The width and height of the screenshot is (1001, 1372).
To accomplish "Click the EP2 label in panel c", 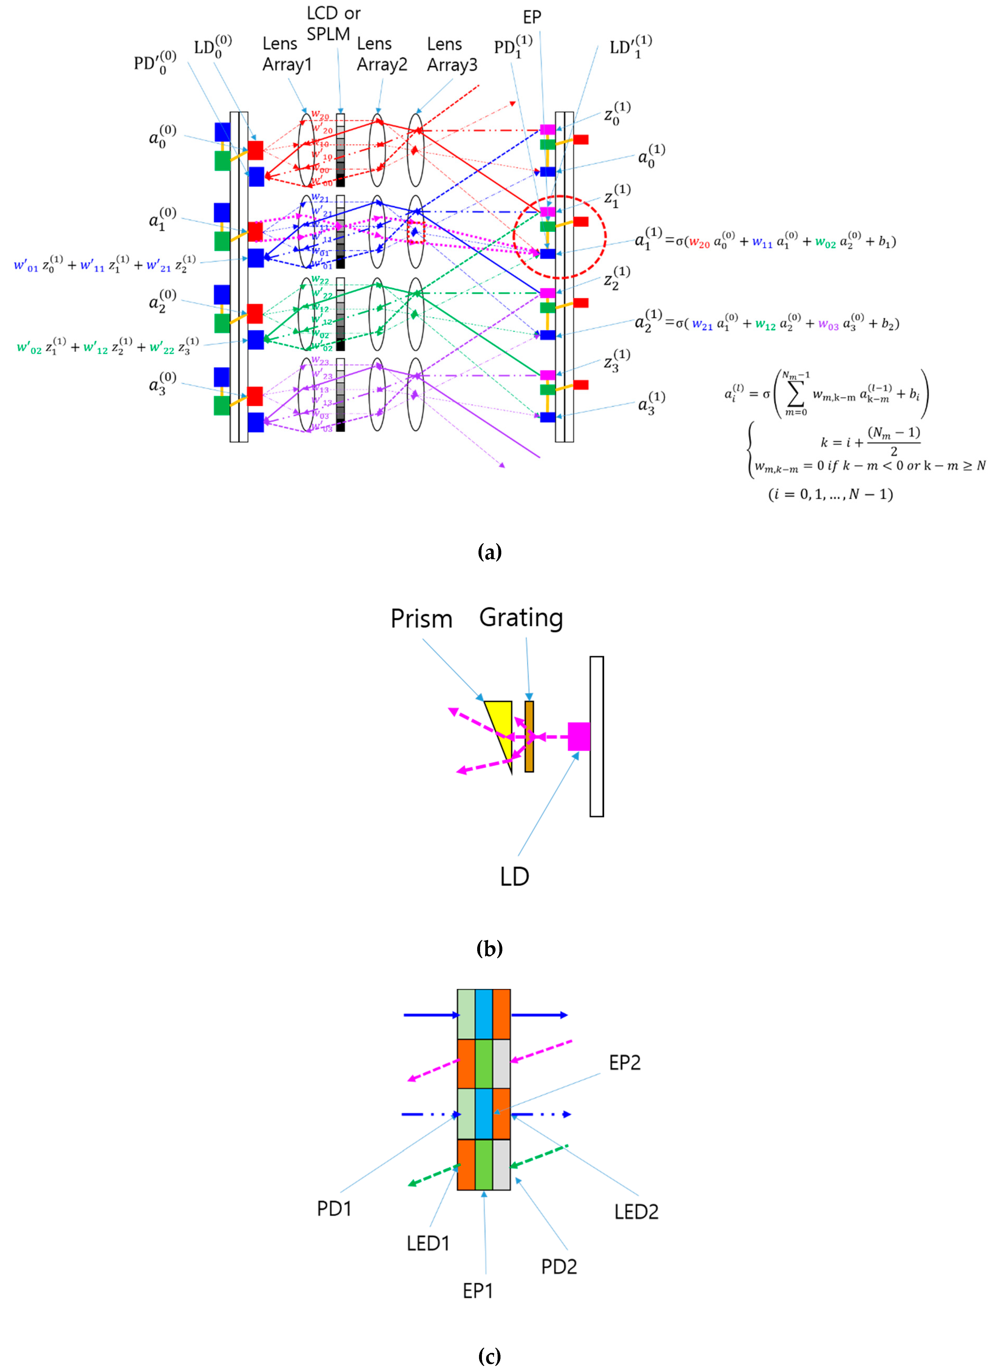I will (x=625, y=1062).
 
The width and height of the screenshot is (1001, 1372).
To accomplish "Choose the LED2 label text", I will (x=636, y=1211).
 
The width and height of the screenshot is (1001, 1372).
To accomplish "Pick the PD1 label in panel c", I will (x=334, y=1208).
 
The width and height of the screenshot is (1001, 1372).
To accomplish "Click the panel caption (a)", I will (x=489, y=552).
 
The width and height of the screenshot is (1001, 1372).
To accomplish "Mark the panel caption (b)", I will (x=489, y=948).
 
